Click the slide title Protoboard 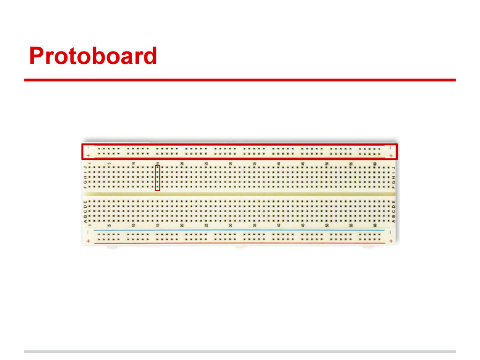click(93, 56)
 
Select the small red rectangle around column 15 click(157, 178)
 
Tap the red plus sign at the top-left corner click(89, 155)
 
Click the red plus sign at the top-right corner click(391, 155)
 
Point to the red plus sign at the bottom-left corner click(88, 241)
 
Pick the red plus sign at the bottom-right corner click(390, 241)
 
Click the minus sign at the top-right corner click(391, 147)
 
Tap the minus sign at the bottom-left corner click(88, 232)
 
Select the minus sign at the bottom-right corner click(390, 232)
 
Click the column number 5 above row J click(109, 163)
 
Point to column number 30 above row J click(231, 163)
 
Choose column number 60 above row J click(375, 163)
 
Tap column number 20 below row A click(182, 225)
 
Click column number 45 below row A click(303, 225)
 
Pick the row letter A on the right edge click(394, 221)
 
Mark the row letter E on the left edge click(85, 202)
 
